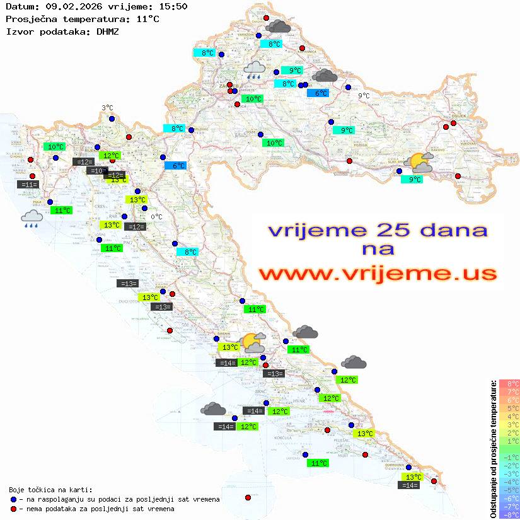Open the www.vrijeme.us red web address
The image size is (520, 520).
click(377, 273)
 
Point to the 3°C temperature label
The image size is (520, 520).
click(107, 108)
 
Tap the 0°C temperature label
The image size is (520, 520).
click(156, 217)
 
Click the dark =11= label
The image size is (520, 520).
click(28, 185)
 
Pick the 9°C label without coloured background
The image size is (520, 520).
click(364, 96)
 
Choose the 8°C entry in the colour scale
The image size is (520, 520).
click(509, 384)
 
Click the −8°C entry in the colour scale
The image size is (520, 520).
click(509, 515)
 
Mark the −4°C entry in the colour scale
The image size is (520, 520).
click(509, 482)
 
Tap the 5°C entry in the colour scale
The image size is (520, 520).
click(509, 408)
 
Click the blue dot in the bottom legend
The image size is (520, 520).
click(13, 499)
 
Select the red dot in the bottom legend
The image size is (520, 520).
click(13, 509)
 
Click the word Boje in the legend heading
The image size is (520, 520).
click(17, 490)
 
